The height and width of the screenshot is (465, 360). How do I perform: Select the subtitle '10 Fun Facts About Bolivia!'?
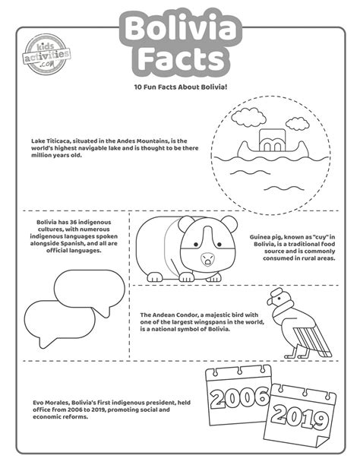click(180, 88)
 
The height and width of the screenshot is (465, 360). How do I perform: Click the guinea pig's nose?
click(207, 258)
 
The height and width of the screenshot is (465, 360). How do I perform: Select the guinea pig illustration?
click(182, 247)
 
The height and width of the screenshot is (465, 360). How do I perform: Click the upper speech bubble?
click(90, 287)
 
